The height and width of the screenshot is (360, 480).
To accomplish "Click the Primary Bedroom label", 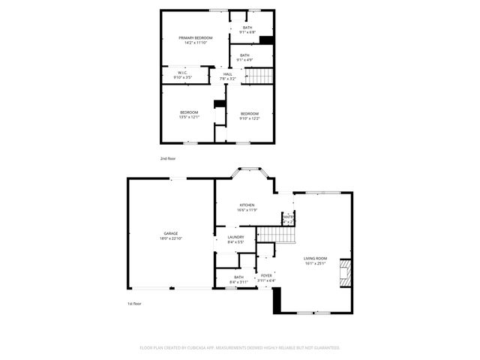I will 195,37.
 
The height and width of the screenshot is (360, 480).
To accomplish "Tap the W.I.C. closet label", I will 182,72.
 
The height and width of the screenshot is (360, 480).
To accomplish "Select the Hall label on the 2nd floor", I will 226,73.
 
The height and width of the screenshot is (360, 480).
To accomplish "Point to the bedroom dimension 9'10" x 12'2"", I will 249,118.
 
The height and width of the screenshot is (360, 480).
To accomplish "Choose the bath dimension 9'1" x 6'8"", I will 247,32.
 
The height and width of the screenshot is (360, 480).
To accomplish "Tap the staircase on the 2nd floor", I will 258,75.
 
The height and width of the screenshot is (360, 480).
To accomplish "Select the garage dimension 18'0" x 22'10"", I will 171,238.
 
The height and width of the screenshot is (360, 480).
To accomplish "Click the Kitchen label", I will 247,205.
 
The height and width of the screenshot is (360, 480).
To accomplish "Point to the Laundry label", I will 235,237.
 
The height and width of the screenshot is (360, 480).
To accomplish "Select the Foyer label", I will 266,275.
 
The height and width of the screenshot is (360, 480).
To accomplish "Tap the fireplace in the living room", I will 346,272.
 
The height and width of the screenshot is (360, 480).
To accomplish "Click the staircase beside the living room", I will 277,235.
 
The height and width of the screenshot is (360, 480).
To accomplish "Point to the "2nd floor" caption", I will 167,159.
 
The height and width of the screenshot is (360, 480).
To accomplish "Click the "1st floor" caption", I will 134,304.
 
